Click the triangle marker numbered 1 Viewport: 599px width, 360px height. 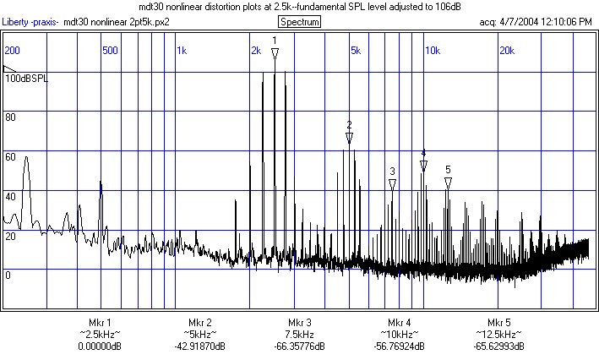point(275,53)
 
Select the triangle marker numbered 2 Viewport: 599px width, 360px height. point(349,137)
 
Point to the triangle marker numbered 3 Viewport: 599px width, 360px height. point(393,183)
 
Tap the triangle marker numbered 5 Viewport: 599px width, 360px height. point(449,182)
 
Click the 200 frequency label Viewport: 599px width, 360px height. point(13,51)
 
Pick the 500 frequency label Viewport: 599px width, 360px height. point(109,51)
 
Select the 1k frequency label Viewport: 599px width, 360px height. point(182,51)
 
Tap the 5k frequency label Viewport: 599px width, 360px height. point(356,51)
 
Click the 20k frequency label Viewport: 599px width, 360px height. point(507,51)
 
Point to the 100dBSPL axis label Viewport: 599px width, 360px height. point(26,78)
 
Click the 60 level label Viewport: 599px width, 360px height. point(11,156)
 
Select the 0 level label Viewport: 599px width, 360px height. point(8,275)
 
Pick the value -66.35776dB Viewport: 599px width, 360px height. point(299,346)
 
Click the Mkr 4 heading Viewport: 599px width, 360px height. point(399,323)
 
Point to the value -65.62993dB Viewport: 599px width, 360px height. point(498,346)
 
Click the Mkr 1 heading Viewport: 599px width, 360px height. point(100,323)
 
